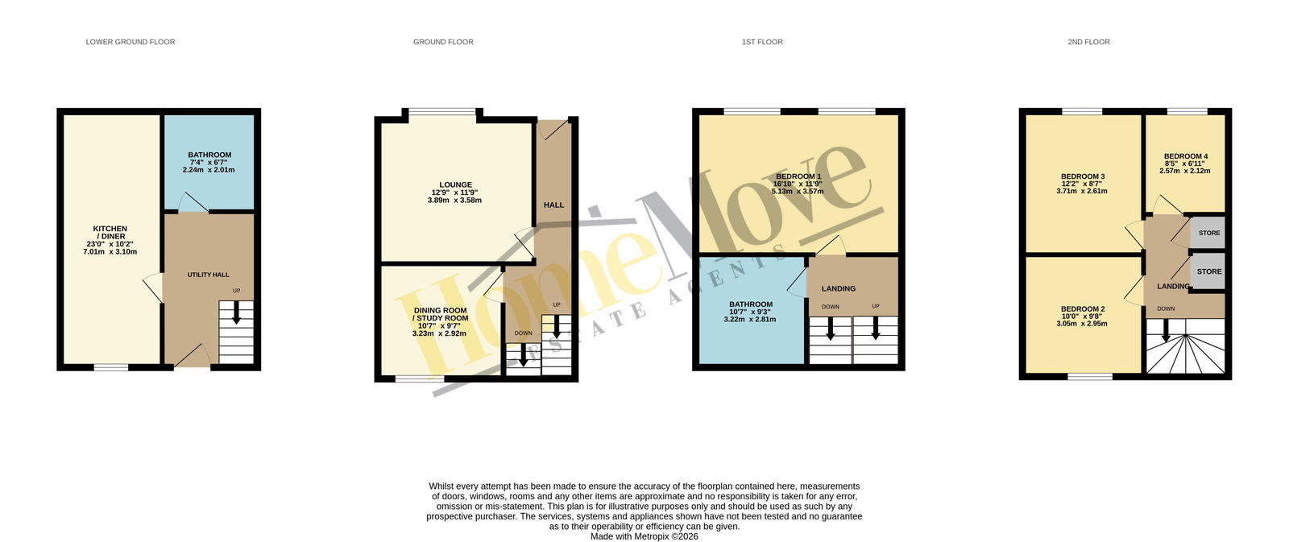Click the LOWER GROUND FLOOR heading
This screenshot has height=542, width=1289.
[130, 42]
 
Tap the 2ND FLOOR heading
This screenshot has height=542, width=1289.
[1088, 42]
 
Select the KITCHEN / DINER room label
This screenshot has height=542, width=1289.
[110, 233]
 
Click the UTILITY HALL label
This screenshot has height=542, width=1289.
[209, 275]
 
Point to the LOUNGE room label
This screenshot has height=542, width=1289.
[456, 185]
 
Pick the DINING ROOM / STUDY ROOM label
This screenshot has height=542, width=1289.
[440, 314]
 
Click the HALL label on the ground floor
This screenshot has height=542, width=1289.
[554, 205]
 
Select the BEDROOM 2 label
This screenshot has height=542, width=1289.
[1083, 309]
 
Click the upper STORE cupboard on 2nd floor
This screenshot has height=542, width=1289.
[1208, 233]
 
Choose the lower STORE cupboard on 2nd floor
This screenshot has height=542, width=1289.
[1208, 271]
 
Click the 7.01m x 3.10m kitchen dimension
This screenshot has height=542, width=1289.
[110, 252]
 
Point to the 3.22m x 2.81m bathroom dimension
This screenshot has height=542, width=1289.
[750, 320]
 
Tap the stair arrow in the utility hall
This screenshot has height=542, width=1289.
[236, 312]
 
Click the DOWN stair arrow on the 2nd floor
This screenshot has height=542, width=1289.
[1166, 329]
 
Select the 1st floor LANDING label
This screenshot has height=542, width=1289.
[839, 289]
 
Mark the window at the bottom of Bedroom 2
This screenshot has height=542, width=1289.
[1090, 376]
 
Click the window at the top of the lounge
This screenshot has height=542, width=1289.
[442, 112]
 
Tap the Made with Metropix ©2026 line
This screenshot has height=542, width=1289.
[644, 536]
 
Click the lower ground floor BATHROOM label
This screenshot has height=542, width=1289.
[209, 155]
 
